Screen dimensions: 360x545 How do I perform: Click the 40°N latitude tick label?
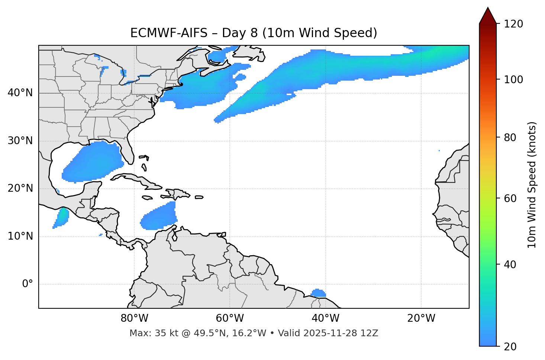tap(20, 93)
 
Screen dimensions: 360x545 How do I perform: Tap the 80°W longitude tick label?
tap(134, 318)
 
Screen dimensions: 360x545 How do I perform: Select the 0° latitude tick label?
tap(28, 284)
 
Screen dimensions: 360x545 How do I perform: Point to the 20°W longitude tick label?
tap(421, 318)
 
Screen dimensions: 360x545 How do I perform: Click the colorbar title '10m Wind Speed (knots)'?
tap(532, 185)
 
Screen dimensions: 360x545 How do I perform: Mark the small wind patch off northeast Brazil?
tap(318, 293)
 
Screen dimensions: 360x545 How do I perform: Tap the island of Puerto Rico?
tap(199, 197)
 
